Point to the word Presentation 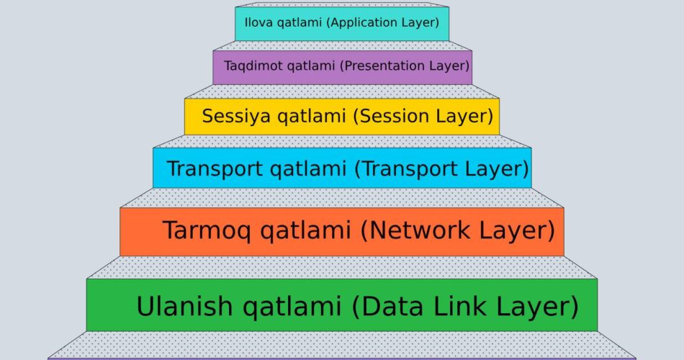pyautogui.click(x=383, y=66)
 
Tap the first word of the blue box pyautogui.click(x=215, y=168)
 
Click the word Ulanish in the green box pyautogui.click(x=185, y=306)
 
